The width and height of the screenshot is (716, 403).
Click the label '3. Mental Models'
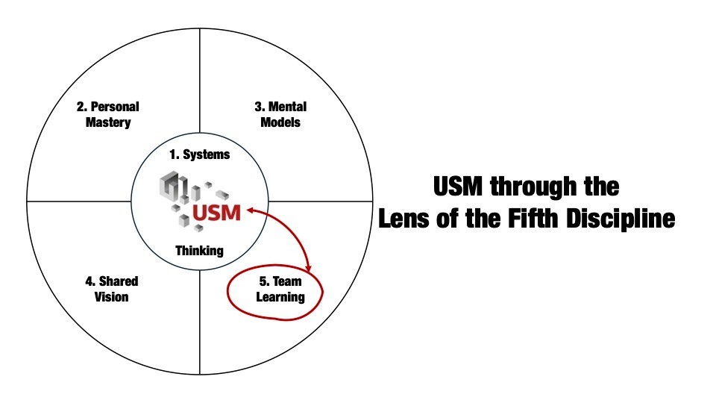coord(280,114)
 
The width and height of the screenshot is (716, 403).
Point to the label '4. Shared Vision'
coord(112,289)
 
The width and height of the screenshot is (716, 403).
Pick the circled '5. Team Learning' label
coord(277,289)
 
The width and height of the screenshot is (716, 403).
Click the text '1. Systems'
coord(199,155)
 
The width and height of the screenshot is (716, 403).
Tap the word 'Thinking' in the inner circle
coord(199,250)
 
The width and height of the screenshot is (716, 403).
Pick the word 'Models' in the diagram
coord(280,122)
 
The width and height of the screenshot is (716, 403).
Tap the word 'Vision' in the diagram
coord(112,296)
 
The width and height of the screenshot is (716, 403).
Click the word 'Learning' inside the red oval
coord(277,296)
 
